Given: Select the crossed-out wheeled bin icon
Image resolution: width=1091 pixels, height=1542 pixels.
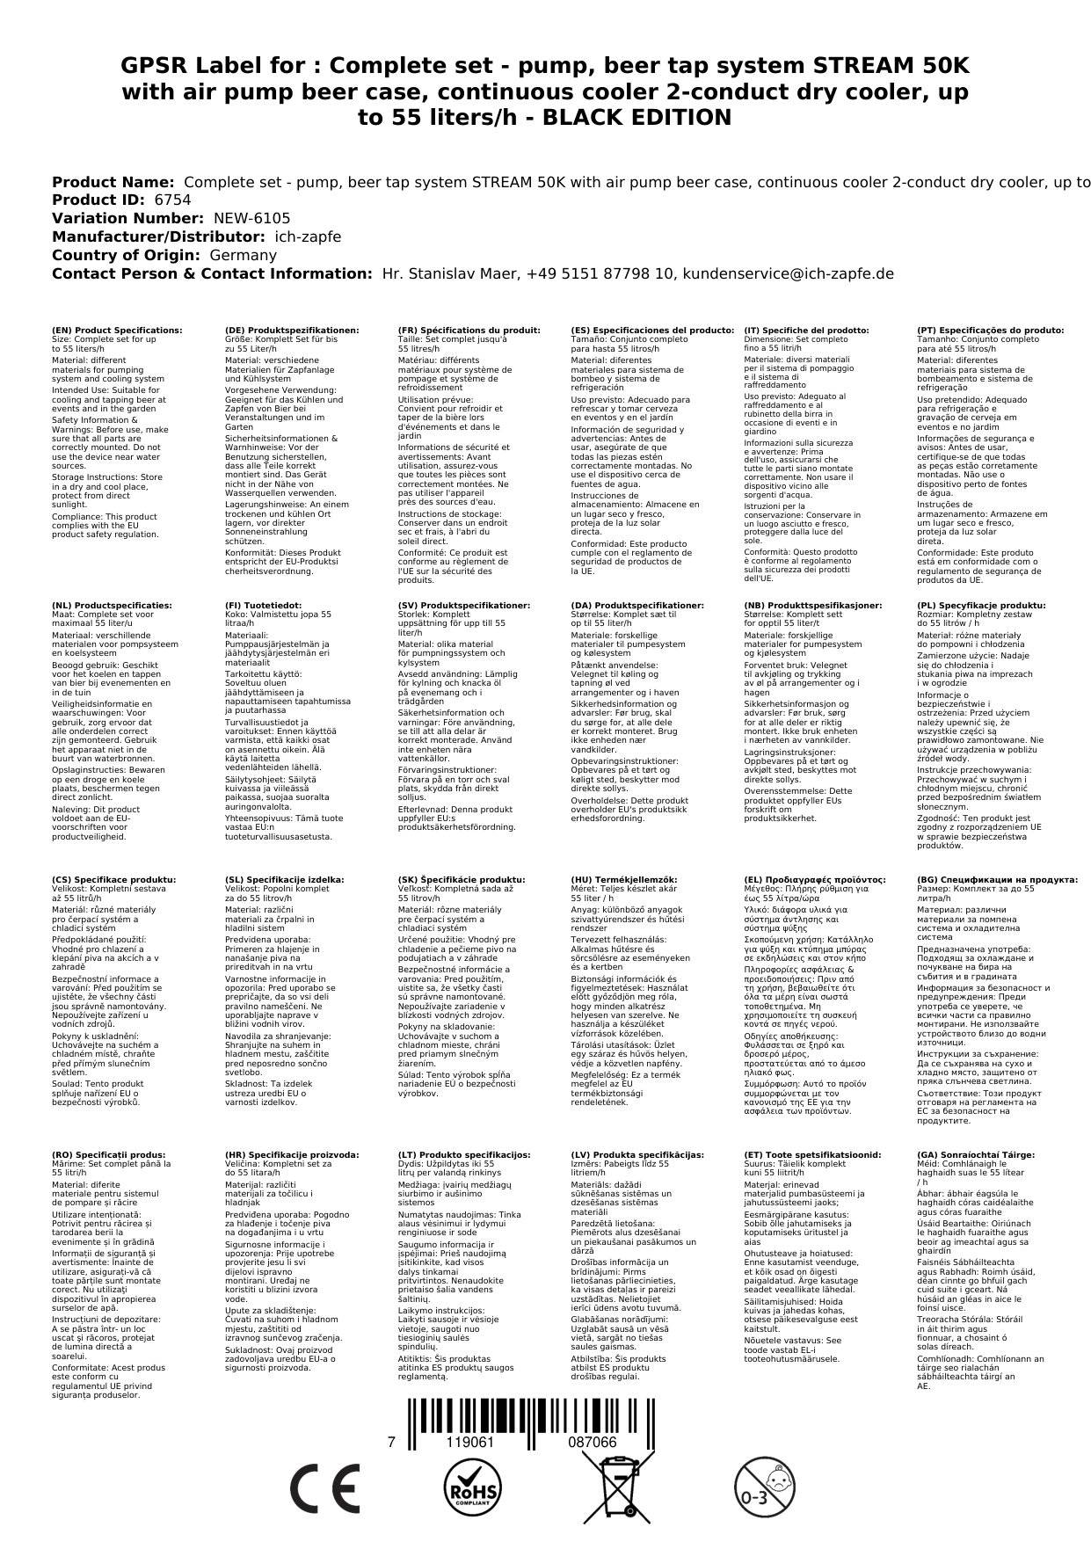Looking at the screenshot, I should tap(619, 1486).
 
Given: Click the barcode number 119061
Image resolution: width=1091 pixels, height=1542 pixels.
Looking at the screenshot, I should tap(470, 1443).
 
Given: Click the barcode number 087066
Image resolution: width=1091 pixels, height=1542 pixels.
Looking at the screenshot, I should tap(592, 1443).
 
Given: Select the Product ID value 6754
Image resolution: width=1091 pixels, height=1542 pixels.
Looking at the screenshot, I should tap(172, 200).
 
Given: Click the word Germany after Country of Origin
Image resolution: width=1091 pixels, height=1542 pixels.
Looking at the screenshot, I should tap(243, 255).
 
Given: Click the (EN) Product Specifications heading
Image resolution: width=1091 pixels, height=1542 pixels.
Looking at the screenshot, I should tap(117, 331).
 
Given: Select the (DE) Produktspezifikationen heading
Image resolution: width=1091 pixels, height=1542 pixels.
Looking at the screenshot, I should tap(292, 331).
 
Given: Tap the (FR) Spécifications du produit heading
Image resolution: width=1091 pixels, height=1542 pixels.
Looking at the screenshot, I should tap(469, 331).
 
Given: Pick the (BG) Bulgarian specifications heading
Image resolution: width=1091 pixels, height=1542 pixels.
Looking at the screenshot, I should tap(997, 880).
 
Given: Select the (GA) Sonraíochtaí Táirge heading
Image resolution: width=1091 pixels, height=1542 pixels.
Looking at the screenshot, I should tap(975, 1155).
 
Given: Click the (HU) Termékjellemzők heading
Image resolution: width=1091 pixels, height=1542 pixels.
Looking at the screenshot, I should tap(624, 880).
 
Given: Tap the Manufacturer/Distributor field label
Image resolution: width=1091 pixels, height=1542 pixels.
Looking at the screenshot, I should tap(158, 236).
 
